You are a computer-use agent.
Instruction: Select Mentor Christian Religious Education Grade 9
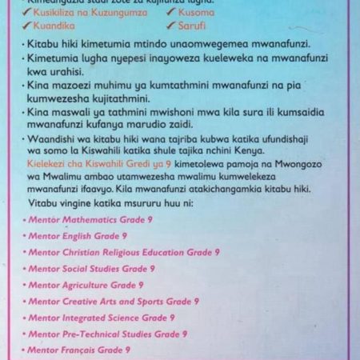coord(118,252)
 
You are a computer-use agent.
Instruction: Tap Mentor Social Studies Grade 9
coord(91,269)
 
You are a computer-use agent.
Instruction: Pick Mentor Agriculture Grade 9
coord(86,285)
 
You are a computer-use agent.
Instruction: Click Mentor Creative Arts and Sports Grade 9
coord(113,302)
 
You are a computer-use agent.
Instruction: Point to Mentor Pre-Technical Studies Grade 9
coord(107,334)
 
